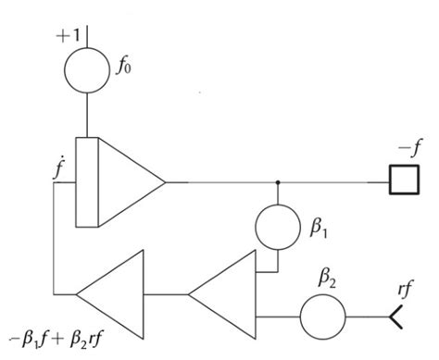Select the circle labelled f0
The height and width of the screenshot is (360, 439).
click(86, 69)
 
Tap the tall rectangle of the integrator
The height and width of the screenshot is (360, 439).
click(86, 182)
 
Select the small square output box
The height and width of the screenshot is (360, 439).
click(402, 182)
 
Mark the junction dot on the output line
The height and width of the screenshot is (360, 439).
click(277, 182)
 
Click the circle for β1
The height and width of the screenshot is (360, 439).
click(277, 228)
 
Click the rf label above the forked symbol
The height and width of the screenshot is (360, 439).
click(404, 289)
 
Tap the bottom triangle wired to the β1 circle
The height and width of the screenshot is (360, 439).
click(227, 295)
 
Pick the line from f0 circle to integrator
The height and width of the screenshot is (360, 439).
click(86, 116)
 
